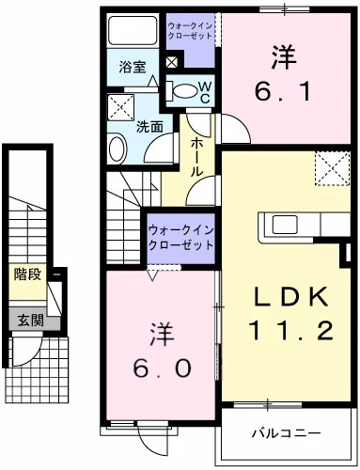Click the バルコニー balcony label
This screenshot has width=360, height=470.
point(286,434)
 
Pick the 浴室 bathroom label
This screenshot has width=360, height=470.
point(132,67)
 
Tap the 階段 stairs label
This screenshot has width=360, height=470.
point(25,274)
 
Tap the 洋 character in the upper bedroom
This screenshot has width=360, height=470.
point(279,56)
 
